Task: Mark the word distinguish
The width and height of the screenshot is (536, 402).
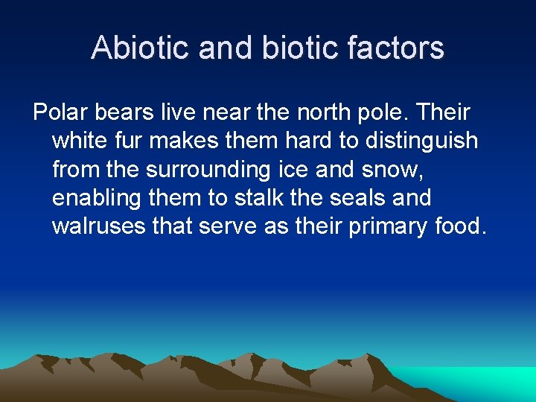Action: point(420,141)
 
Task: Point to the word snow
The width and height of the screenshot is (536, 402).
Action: point(399,170)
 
